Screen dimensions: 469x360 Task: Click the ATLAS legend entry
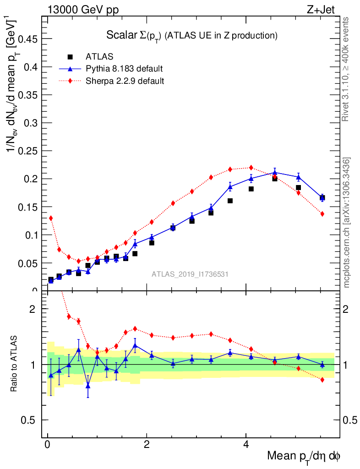[99, 57]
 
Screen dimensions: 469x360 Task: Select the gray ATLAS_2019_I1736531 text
[190, 274]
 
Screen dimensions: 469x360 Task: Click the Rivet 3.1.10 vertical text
[346, 69]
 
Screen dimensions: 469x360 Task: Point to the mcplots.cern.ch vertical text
[347, 223]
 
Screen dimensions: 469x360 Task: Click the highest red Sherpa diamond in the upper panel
[251, 168]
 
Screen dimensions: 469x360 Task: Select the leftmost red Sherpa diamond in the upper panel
[51, 218]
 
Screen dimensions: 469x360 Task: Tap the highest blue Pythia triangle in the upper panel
[275, 173]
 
